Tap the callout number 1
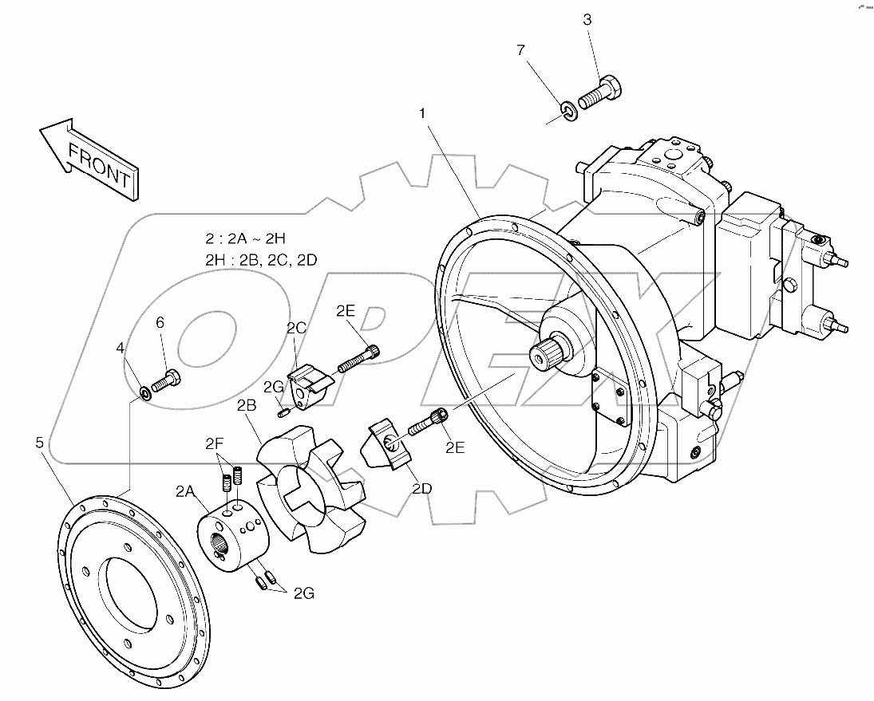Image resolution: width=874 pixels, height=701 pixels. [x=423, y=114]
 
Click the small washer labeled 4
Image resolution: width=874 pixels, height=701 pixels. [x=146, y=392]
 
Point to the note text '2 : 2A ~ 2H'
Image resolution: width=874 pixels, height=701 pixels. [x=246, y=238]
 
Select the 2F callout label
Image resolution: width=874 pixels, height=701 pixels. [x=215, y=443]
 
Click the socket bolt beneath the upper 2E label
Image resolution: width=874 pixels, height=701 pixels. [x=358, y=358]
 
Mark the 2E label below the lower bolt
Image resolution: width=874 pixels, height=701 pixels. [x=455, y=447]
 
